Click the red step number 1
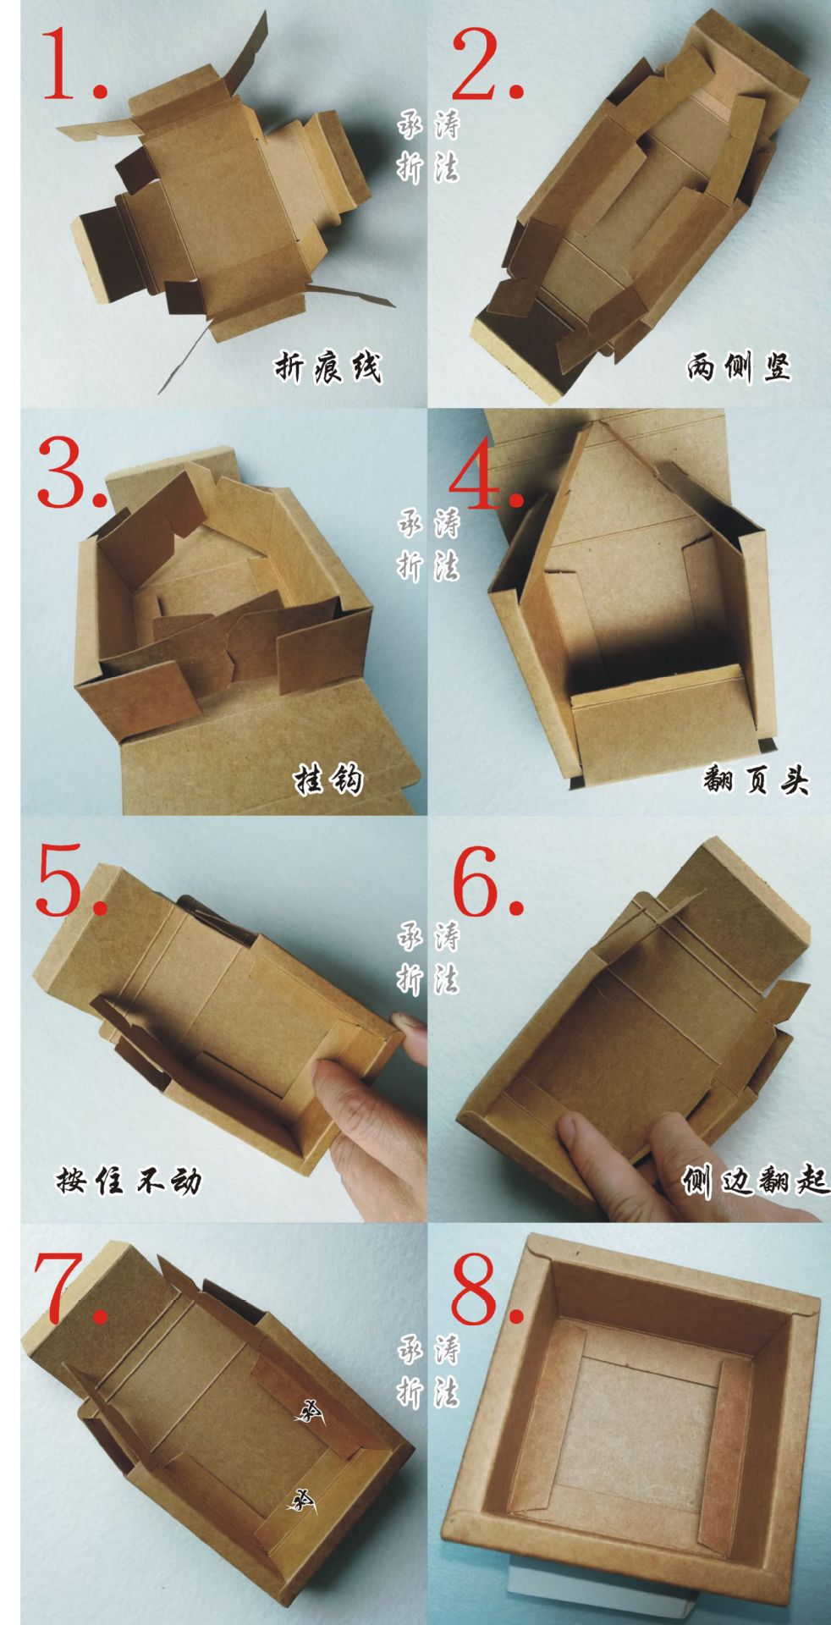68,63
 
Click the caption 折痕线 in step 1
327,367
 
